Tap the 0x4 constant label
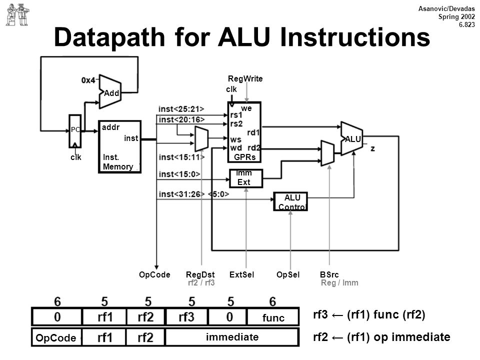point(88,80)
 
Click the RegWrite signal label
point(245,78)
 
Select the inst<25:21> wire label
point(181,109)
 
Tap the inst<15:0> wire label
point(179,174)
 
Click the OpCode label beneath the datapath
point(154,274)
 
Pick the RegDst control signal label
point(200,274)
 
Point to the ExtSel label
point(241,274)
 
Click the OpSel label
point(288,274)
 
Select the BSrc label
point(329,274)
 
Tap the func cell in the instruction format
point(273,317)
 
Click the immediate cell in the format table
point(231,337)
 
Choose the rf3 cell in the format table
point(186,317)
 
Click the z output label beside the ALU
point(372,149)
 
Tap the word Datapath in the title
point(109,37)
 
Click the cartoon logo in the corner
point(17,14)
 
